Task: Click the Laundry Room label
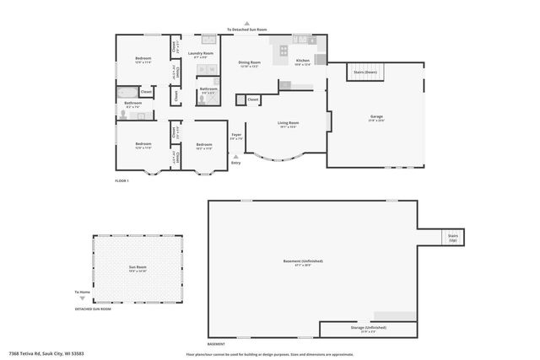tap(201, 53)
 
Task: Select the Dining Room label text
tap(249, 62)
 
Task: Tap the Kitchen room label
tap(302, 61)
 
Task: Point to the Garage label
tap(376, 116)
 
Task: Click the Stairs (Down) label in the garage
tap(365, 73)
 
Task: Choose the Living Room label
tap(289, 123)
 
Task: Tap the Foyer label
tap(236, 134)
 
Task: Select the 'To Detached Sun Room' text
tap(246, 30)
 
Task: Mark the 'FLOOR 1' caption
tap(121, 180)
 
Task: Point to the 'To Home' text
tap(82, 292)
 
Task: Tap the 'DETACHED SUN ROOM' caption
tap(93, 309)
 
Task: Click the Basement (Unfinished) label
tap(302, 261)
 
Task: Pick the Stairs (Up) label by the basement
tap(452, 237)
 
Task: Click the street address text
tap(46, 353)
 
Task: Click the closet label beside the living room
tap(253, 99)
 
